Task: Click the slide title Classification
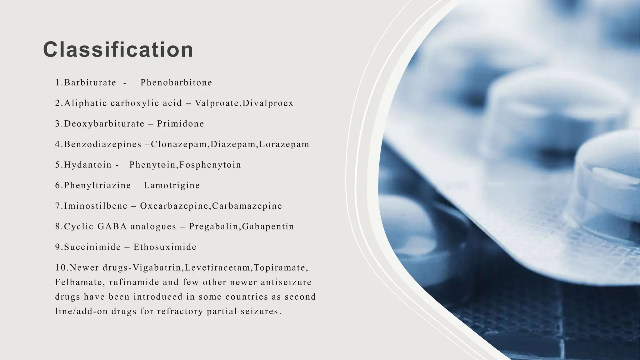[118, 50]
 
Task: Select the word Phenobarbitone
[176, 82]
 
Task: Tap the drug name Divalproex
[268, 103]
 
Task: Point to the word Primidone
[180, 124]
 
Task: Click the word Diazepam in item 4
[233, 144]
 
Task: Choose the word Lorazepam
[284, 144]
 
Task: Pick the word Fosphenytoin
[210, 165]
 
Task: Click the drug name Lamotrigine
[172, 185]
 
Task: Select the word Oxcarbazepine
[175, 206]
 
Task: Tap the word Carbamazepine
[247, 206]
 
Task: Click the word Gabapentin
[268, 226]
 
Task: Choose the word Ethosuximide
[165, 247]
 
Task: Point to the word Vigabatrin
[157, 268]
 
